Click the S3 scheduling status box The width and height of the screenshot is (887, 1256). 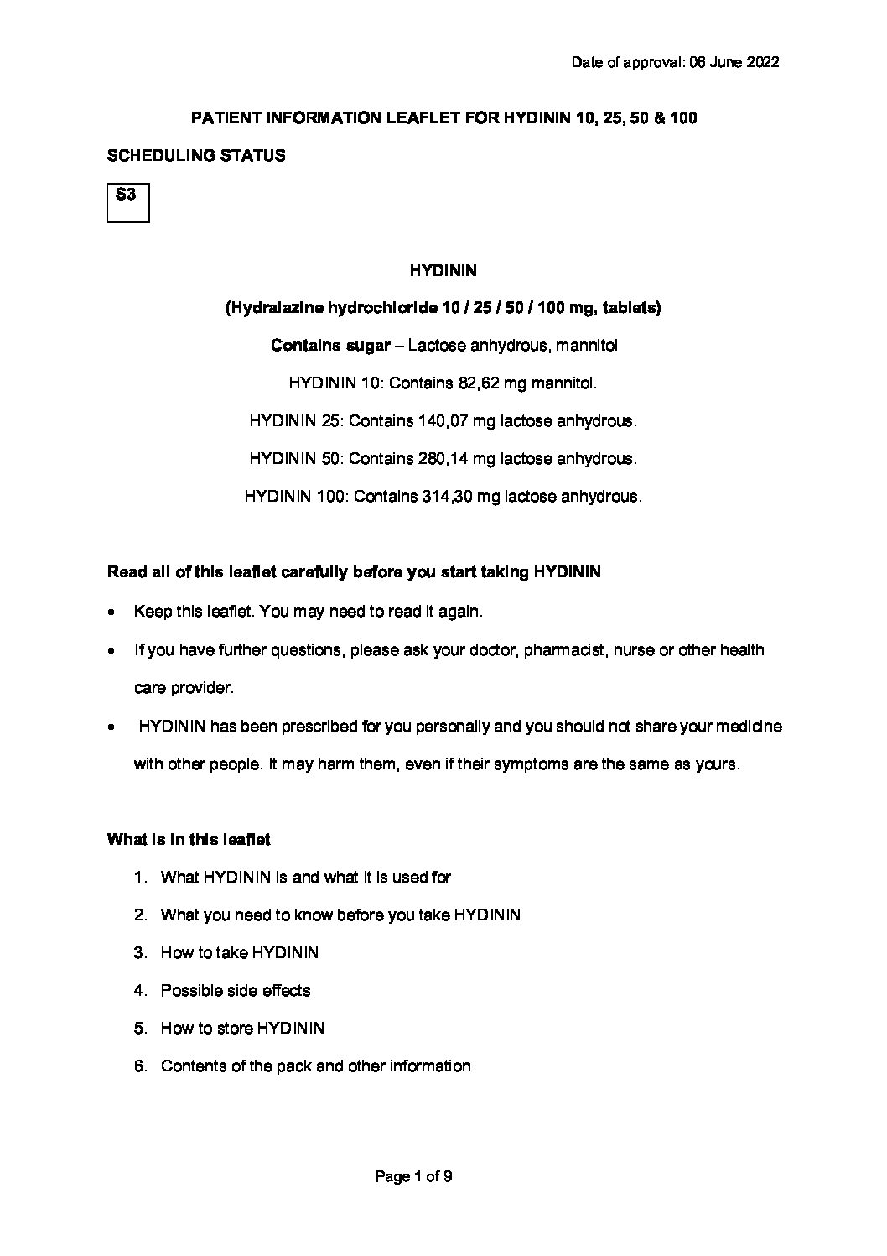pyautogui.click(x=128, y=202)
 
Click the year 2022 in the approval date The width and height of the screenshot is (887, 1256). pyautogui.click(x=760, y=62)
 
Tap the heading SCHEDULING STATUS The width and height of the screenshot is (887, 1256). pyautogui.click(x=196, y=155)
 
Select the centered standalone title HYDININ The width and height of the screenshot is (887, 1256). pyautogui.click(x=443, y=270)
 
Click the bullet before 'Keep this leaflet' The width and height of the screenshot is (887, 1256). pyautogui.click(x=112, y=612)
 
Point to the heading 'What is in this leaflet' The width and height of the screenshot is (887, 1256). pyautogui.click(x=189, y=839)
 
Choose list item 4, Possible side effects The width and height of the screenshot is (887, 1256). pyautogui.click(x=235, y=991)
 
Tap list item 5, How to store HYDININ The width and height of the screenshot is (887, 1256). pyautogui.click(x=242, y=1029)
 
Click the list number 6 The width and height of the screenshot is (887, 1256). pyautogui.click(x=141, y=1066)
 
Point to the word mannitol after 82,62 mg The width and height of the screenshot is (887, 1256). pyautogui.click(x=566, y=383)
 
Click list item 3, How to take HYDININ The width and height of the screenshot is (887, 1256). pyautogui.click(x=239, y=953)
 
